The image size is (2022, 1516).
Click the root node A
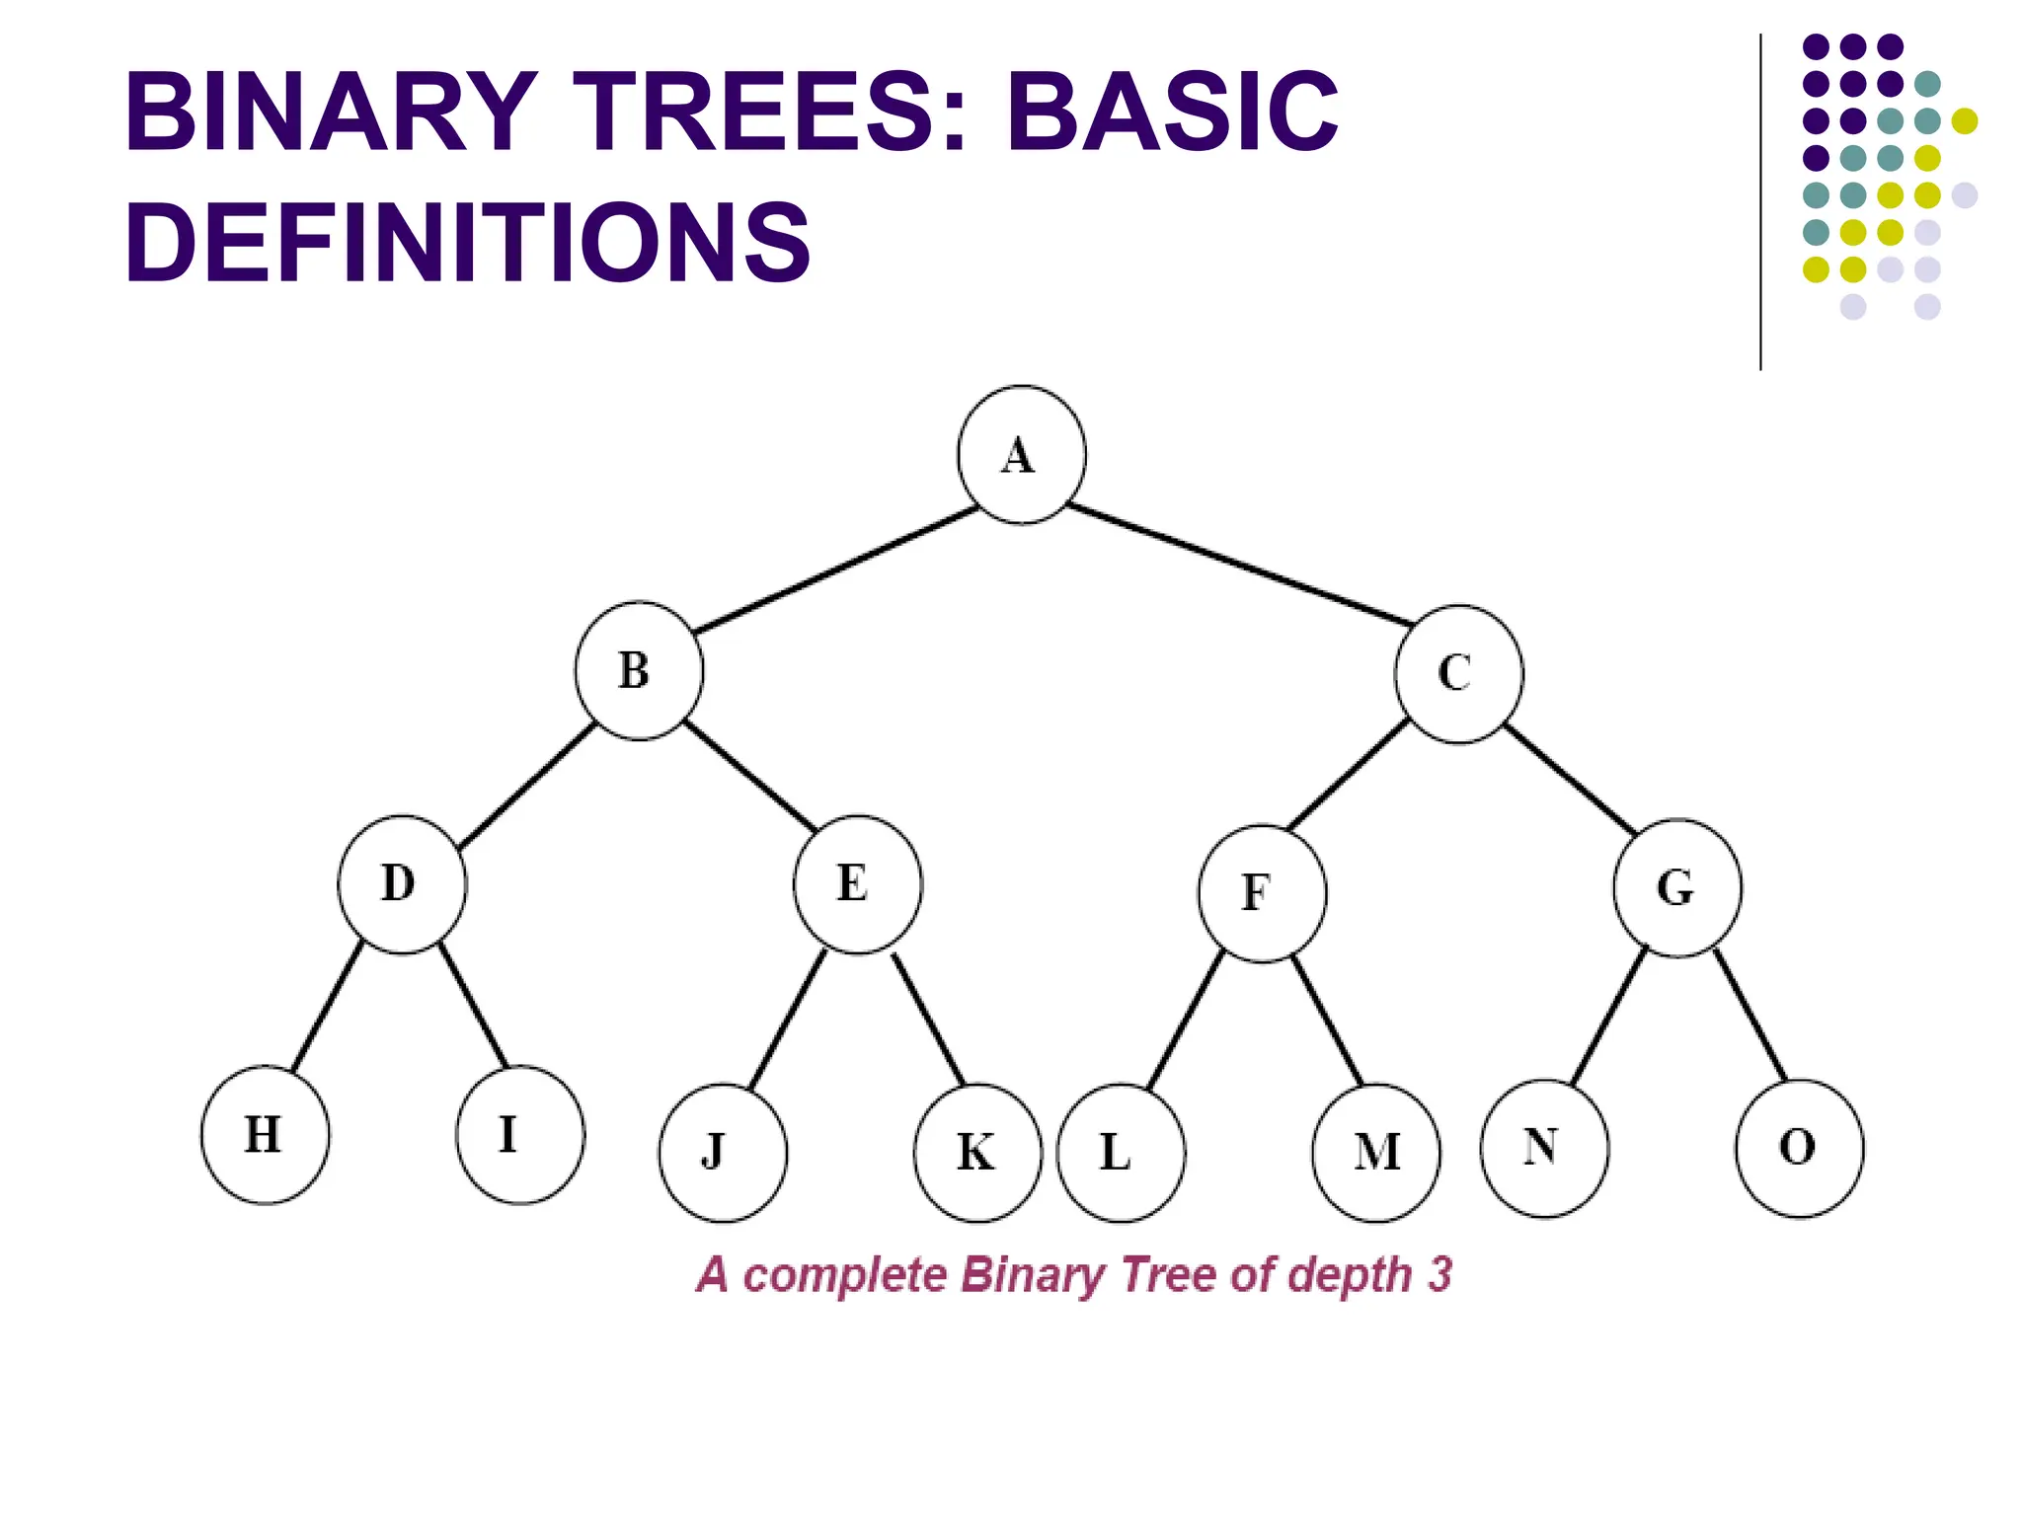(x=1021, y=455)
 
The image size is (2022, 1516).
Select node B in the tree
(x=639, y=671)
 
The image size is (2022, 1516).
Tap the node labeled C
(x=1458, y=674)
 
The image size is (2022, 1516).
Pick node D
(x=402, y=884)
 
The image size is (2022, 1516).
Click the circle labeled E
(x=857, y=884)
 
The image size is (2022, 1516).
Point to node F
(x=1262, y=892)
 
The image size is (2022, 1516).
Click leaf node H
(x=265, y=1135)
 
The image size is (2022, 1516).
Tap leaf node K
(x=977, y=1153)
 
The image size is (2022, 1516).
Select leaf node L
(x=1121, y=1153)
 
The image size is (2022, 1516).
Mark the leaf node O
(x=1799, y=1148)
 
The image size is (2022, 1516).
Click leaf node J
(x=723, y=1153)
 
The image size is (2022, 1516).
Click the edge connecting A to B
(x=835, y=569)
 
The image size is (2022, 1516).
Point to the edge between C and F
(x=1349, y=776)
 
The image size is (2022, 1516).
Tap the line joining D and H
(x=328, y=1007)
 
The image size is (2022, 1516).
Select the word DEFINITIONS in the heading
(x=467, y=242)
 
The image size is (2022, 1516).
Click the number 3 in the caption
(x=1440, y=1274)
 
